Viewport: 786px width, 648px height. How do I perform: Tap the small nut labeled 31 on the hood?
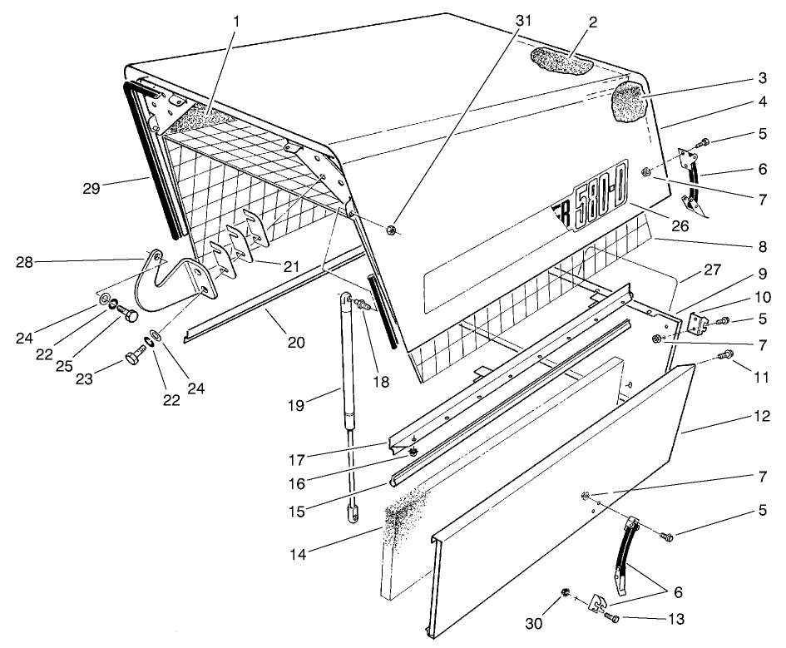(391, 229)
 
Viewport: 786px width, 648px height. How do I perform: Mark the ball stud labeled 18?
(363, 309)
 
